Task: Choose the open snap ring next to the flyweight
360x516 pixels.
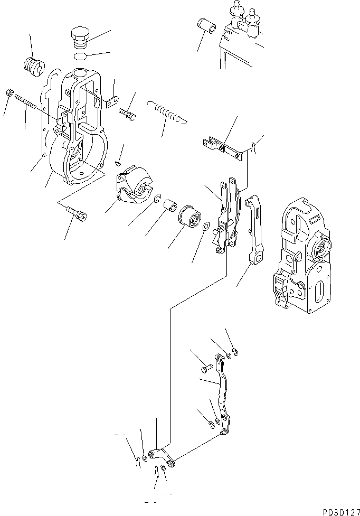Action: coord(157,198)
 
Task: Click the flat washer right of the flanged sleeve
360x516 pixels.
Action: coord(206,228)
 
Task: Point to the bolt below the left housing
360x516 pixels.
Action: coord(77,214)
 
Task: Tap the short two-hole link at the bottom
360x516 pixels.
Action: coord(163,456)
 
